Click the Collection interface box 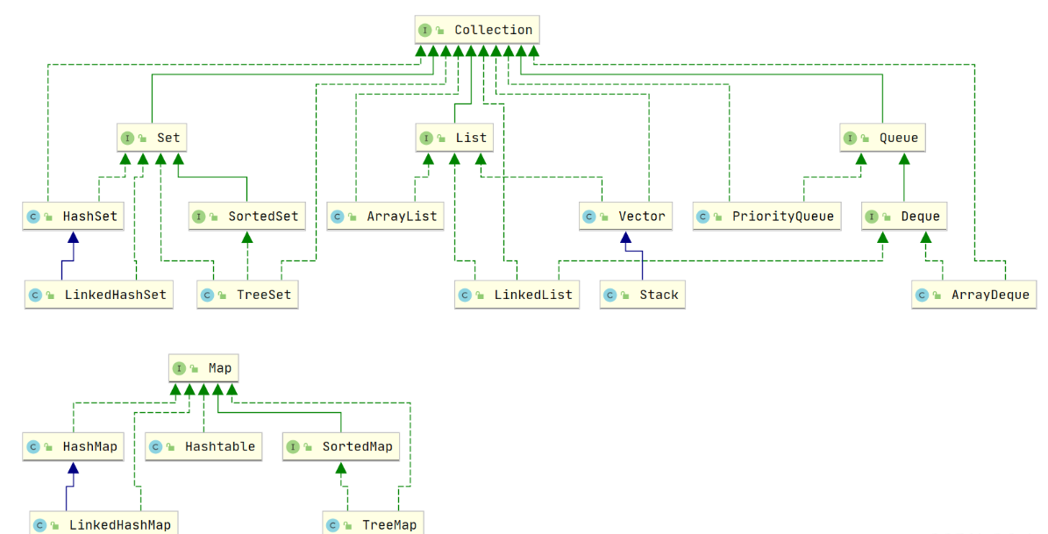[477, 30]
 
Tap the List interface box [453, 138]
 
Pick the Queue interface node [883, 138]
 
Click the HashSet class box [74, 216]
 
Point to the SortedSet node [247, 216]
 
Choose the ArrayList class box [385, 216]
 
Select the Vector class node [625, 216]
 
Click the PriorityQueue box [767, 216]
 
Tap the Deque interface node [903, 216]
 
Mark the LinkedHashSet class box [98, 295]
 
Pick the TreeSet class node [247, 295]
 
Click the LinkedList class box [517, 295]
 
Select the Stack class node [643, 295]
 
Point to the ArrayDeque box [973, 295]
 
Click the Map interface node [203, 368]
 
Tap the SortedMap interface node [341, 446]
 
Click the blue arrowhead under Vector [625, 237]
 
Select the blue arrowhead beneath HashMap [74, 467]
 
